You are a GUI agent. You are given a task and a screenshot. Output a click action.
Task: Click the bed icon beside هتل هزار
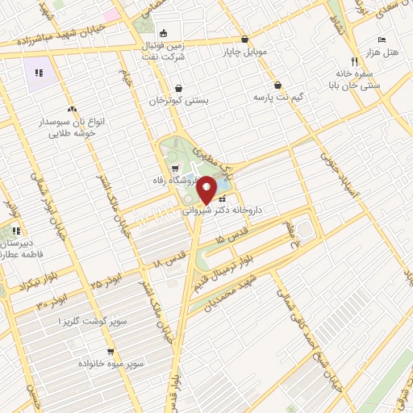click(382, 40)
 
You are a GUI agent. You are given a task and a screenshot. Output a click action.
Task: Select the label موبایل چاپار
click(244, 52)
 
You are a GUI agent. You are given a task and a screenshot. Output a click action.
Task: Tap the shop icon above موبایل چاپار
click(244, 40)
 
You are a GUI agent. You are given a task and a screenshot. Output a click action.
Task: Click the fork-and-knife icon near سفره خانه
click(353, 60)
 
